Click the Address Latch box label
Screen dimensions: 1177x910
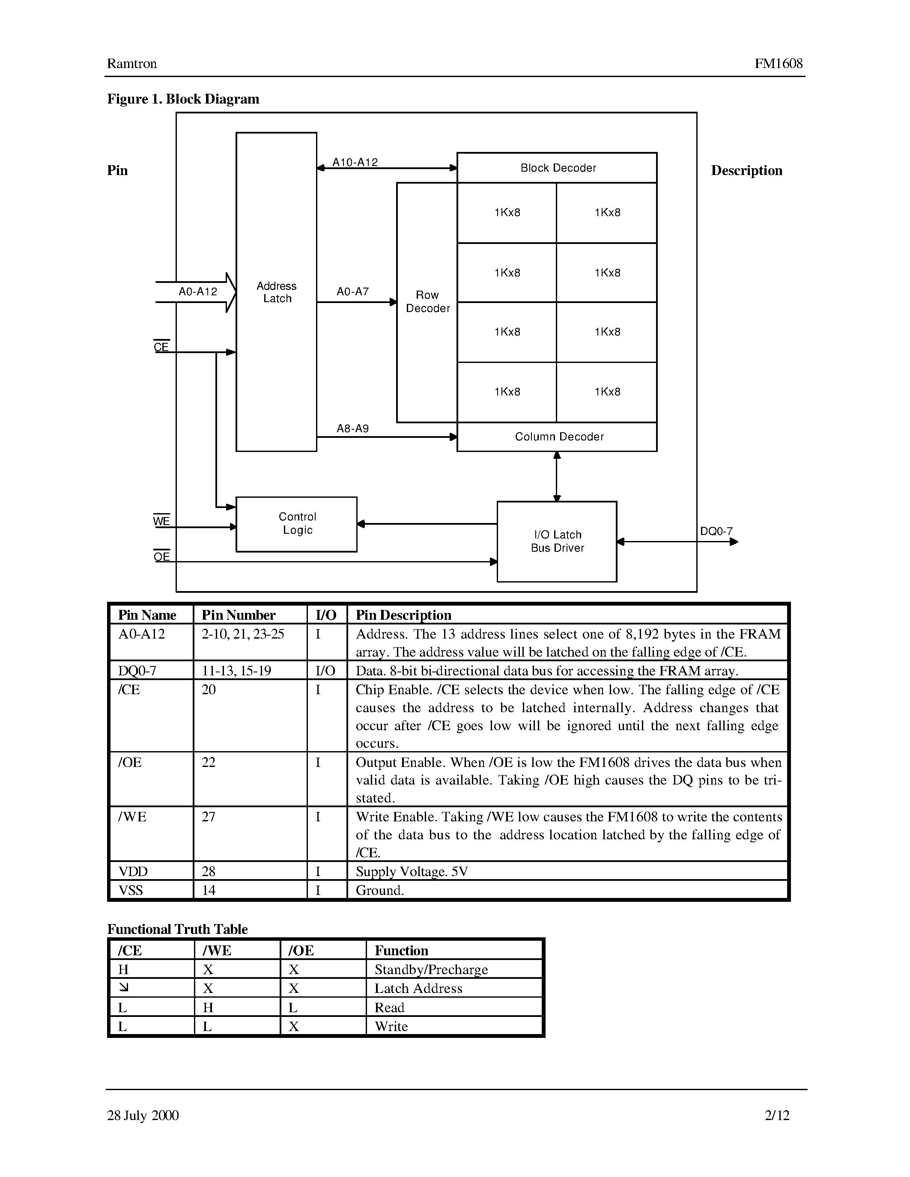277,292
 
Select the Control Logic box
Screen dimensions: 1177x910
296,524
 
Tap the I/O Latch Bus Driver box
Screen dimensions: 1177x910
557,541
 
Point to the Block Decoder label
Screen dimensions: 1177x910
558,168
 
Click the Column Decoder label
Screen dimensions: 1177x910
559,437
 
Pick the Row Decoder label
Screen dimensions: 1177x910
427,302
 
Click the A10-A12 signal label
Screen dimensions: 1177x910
355,162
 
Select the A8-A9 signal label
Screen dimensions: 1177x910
352,428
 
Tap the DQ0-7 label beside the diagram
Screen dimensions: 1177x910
716,532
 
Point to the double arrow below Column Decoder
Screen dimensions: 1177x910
557,476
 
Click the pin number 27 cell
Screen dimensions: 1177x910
209,817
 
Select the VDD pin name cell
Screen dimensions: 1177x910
133,871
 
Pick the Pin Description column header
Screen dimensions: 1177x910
403,615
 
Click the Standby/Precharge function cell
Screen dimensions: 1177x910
431,969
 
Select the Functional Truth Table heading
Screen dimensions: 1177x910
177,929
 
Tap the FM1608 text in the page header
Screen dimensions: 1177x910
778,64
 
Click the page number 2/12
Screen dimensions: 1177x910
776,1115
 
